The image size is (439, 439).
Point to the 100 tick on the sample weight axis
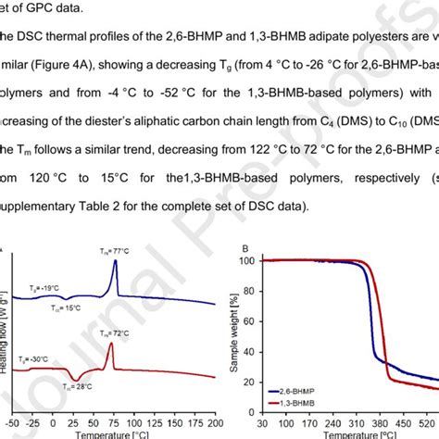246,261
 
